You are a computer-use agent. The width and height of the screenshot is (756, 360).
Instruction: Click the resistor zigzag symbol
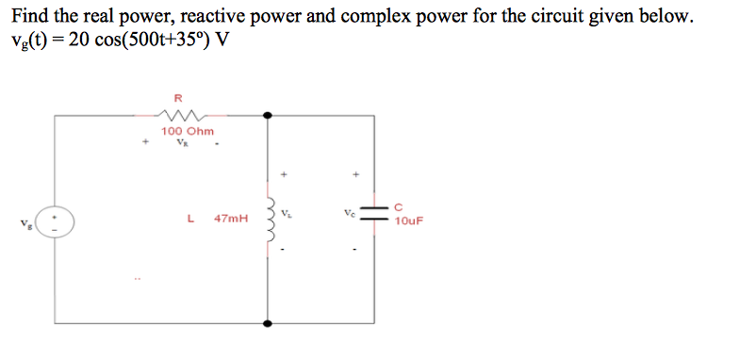pyautogui.click(x=179, y=113)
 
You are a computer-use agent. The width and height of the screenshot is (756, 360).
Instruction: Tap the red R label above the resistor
pyautogui.click(x=179, y=96)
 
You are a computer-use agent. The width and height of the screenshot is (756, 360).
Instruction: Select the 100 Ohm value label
pyautogui.click(x=188, y=131)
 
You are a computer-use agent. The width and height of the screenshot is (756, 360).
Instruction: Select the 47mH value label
pyautogui.click(x=232, y=218)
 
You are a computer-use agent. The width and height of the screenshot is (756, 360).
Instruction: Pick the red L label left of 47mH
pyautogui.click(x=191, y=218)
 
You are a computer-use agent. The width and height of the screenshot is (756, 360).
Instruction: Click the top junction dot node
pyautogui.click(x=269, y=115)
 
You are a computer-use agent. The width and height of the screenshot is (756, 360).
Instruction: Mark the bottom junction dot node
pyautogui.click(x=269, y=323)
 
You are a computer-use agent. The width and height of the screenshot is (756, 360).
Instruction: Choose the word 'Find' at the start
pyautogui.click(x=27, y=18)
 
